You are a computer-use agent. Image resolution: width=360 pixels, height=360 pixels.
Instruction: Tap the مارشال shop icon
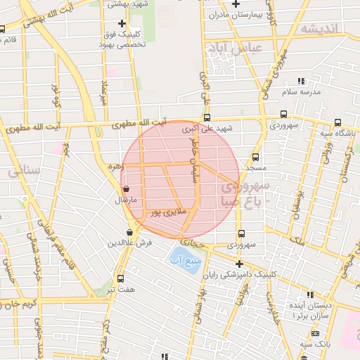tap(126, 189)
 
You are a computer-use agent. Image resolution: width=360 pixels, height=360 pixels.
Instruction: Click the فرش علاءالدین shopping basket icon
tap(130, 233)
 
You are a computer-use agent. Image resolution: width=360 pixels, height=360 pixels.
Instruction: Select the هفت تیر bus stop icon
tap(120, 278)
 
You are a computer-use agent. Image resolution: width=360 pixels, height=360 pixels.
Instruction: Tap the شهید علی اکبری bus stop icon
tap(207, 118)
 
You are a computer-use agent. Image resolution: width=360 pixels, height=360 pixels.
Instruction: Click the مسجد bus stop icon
tap(255, 158)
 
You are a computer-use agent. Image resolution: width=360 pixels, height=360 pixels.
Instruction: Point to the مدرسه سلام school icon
tap(301, 82)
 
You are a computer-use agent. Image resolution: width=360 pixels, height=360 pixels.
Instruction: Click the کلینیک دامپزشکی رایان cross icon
tap(239, 264)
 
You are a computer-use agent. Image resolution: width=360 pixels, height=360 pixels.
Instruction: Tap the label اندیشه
tap(319, 28)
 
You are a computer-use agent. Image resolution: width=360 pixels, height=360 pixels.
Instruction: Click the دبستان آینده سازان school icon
tap(309, 295)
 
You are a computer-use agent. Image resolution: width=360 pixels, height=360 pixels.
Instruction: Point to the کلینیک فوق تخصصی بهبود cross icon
tap(122, 24)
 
